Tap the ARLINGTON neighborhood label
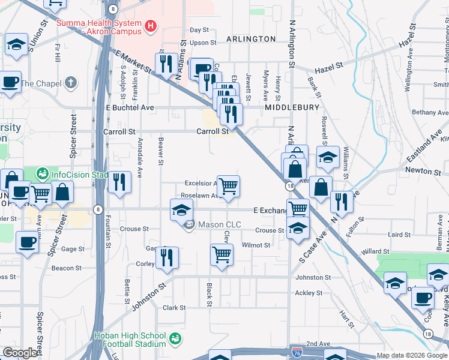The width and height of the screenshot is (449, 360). click(x=251, y=39)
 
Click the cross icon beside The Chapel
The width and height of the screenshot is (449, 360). click(x=71, y=82)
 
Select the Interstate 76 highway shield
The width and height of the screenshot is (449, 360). click(x=297, y=352)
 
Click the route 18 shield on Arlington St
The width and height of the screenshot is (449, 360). click(x=290, y=187)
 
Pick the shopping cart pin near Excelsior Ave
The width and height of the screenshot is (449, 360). click(x=228, y=186)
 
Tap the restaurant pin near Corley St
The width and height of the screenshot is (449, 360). click(x=167, y=257)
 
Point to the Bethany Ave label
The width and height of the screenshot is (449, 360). click(x=429, y=112)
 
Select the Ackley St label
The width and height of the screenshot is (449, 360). click(x=309, y=293)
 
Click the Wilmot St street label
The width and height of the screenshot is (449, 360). click(x=256, y=245)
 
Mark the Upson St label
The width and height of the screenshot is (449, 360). click(x=203, y=43)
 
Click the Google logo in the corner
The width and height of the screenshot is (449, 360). click(x=20, y=353)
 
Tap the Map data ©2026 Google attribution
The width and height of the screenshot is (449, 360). click(x=412, y=355)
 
